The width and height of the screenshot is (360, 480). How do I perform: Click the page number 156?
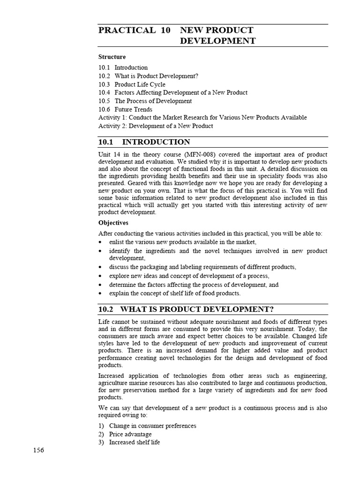(38, 450)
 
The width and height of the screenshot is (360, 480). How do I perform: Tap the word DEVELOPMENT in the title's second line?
(218, 41)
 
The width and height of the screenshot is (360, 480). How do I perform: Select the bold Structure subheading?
(112, 57)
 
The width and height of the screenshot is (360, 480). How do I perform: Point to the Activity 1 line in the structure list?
(202, 118)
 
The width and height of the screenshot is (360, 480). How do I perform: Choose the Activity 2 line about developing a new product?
(156, 126)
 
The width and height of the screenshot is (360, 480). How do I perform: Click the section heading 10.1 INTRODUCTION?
(144, 142)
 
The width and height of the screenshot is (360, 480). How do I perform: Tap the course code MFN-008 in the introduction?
(203, 154)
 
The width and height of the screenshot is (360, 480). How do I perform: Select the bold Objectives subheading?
(113, 223)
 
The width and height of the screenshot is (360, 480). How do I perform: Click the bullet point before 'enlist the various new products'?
(101, 242)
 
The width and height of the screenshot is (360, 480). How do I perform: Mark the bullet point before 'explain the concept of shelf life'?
(101, 293)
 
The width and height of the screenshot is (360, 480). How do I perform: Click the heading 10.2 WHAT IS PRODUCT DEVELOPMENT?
(186, 309)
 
